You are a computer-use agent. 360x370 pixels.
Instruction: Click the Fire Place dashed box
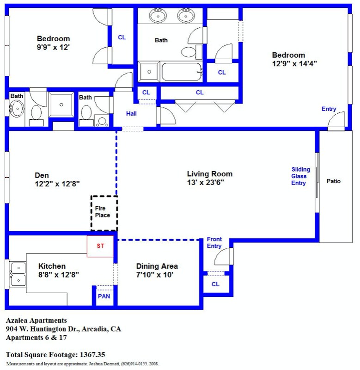pyautogui.click(x=104, y=213)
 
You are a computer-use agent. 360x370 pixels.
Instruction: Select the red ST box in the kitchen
pyautogui.click(x=100, y=246)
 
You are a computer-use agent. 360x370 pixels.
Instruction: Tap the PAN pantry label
pyautogui.click(x=104, y=296)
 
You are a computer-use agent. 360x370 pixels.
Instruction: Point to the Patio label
pyautogui.click(x=333, y=181)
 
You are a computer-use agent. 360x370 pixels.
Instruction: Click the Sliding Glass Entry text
pyautogui.click(x=299, y=176)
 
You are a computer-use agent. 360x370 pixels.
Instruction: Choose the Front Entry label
pyautogui.click(x=214, y=242)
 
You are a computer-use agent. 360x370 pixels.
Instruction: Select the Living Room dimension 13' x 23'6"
pyautogui.click(x=209, y=182)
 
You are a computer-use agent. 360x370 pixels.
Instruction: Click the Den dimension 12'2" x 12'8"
pyautogui.click(x=57, y=184)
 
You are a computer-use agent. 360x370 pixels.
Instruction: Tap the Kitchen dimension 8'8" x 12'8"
pyautogui.click(x=58, y=274)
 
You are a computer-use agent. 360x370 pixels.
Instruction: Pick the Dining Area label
pyautogui.click(x=157, y=266)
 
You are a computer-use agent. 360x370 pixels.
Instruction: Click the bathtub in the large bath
pyautogui.click(x=182, y=72)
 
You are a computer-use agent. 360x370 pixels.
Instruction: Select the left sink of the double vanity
pyautogui.click(x=158, y=16)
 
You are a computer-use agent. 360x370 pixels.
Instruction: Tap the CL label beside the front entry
pyautogui.click(x=215, y=284)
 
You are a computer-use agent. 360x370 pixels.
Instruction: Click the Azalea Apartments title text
pyautogui.click(x=36, y=320)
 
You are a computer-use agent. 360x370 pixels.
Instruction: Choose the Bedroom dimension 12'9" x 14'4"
pyautogui.click(x=294, y=64)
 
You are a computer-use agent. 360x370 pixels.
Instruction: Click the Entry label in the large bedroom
pyautogui.click(x=329, y=109)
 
